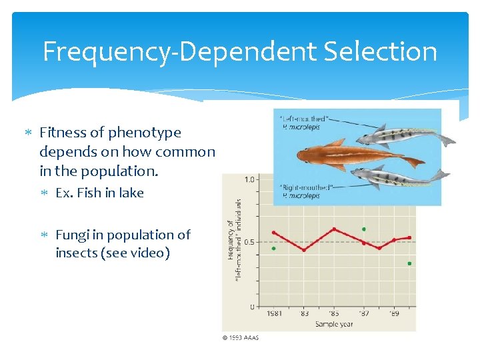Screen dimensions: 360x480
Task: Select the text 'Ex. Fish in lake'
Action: [x=99, y=193]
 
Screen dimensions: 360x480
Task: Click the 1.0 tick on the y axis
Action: [x=249, y=179]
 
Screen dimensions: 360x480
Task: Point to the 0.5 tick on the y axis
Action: [x=249, y=242]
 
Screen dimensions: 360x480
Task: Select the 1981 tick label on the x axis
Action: [x=273, y=313]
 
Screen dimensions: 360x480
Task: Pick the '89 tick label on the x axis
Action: [x=394, y=313]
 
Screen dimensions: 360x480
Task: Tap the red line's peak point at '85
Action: [x=334, y=229]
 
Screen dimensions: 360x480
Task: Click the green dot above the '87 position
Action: [x=364, y=229]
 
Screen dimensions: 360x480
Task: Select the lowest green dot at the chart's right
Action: [x=409, y=263]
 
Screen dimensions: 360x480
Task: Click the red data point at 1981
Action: [x=273, y=233]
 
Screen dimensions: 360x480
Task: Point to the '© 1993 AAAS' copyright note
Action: [x=240, y=337]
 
